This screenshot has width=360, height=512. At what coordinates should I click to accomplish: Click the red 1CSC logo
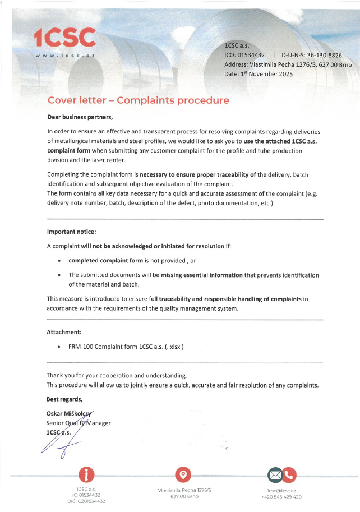[x=64, y=38]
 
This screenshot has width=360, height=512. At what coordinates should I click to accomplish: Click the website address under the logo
[x=64, y=55]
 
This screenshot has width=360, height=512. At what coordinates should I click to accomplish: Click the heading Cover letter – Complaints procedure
[x=138, y=101]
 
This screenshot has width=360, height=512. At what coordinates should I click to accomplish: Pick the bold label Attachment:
[x=64, y=332]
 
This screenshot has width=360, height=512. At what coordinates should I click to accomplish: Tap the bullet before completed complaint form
[x=59, y=261]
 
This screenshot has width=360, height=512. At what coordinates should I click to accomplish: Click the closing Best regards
[x=64, y=399]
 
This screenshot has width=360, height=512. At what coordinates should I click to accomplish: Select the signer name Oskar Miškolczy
[x=70, y=413]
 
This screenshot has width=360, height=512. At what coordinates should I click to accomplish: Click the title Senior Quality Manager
[x=79, y=423]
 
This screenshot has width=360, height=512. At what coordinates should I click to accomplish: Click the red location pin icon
[x=183, y=474]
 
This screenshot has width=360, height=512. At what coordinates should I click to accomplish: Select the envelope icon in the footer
[x=275, y=476]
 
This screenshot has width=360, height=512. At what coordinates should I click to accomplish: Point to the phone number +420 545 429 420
[x=281, y=497]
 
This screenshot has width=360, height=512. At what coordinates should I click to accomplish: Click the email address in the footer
[x=281, y=490]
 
